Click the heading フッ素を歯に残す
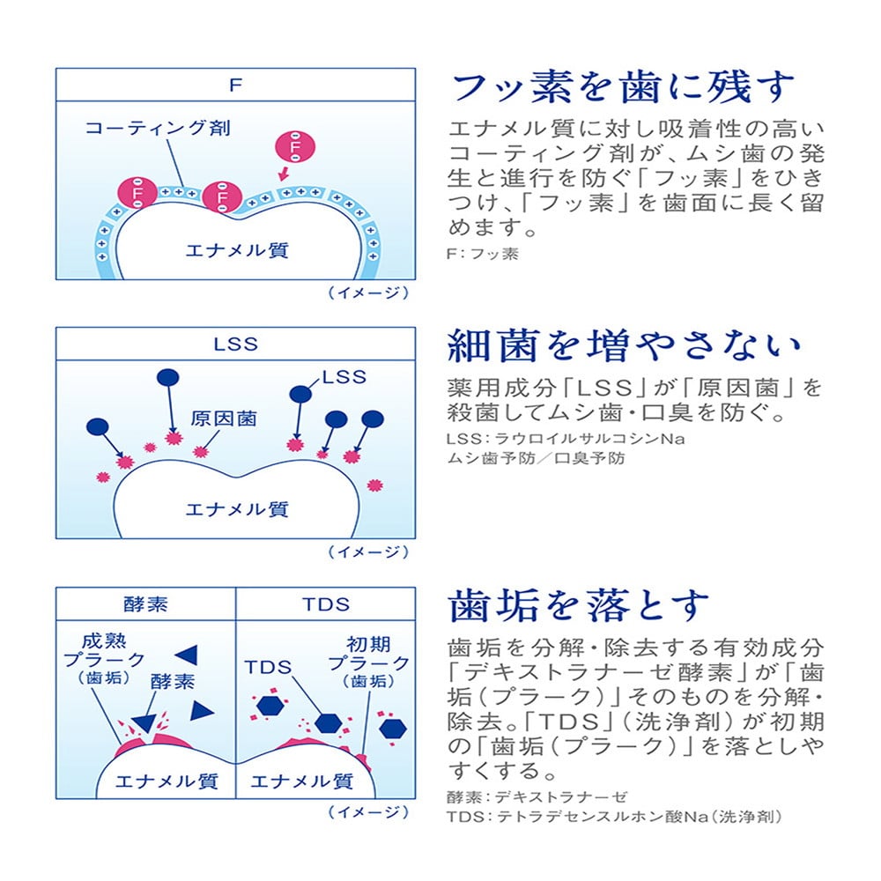pos(623,87)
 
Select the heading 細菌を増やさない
pos(626,346)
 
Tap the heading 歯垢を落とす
pos(578,605)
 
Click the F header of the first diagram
pos(235,85)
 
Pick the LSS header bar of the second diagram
pos(235,344)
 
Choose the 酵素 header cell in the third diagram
pos(145,604)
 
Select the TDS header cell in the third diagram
pos(325,604)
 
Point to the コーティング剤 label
pos(158,129)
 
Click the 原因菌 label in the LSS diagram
pos(223,418)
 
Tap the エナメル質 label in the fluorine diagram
pos(236,250)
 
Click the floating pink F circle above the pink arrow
pos(292,147)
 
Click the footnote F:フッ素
pos(484,255)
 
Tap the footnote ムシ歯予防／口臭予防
pos(536,458)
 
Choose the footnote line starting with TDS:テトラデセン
pos(614,818)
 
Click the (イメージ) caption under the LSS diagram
pos(368,552)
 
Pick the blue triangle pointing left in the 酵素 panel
pos(187,654)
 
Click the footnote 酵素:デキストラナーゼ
pos(537,796)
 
